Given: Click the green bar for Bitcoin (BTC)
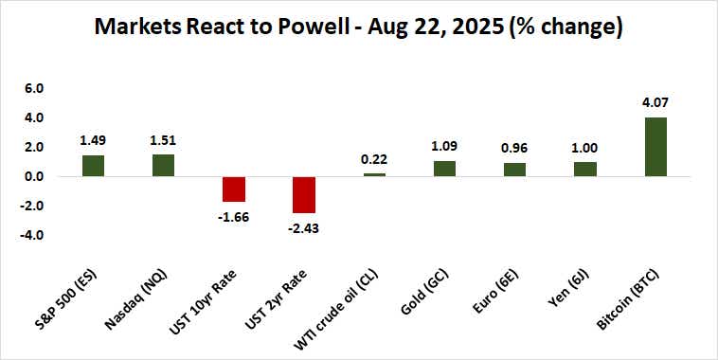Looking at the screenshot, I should (655, 147).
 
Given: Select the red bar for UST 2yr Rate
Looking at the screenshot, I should (304, 194).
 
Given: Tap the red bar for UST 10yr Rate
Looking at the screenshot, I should (234, 189).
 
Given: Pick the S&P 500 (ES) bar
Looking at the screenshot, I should (92, 166).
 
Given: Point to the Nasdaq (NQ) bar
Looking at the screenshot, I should (163, 166).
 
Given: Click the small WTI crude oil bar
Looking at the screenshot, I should (374, 174).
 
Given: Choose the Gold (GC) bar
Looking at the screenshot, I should (444, 169).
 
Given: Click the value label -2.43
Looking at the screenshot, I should (304, 228).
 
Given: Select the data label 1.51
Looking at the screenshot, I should (163, 138).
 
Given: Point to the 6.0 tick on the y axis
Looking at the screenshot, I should (34, 89).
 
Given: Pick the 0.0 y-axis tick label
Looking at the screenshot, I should (34, 176).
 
